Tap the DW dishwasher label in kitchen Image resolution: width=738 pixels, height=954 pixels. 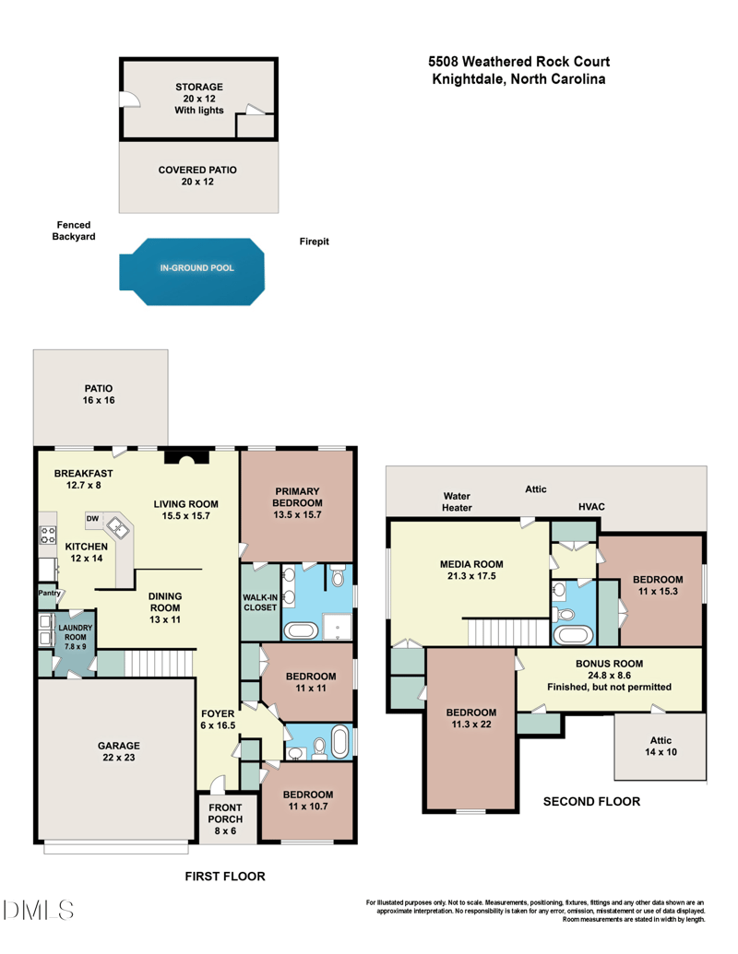pyautogui.click(x=93, y=519)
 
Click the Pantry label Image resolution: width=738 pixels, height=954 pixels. pyautogui.click(x=49, y=593)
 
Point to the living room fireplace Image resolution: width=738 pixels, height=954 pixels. pyautogui.click(x=181, y=459)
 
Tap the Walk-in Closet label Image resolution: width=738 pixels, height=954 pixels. pyautogui.click(x=259, y=602)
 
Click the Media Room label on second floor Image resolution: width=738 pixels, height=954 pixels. pyautogui.click(x=470, y=570)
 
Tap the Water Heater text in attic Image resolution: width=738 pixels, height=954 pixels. pyautogui.click(x=457, y=501)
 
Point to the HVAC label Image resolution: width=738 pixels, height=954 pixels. pyautogui.click(x=591, y=507)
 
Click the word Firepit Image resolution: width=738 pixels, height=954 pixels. pyautogui.click(x=315, y=241)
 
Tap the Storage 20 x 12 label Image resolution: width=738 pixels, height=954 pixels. pyautogui.click(x=199, y=99)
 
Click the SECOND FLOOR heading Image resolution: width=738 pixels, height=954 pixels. pyautogui.click(x=591, y=801)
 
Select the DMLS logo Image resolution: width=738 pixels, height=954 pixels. pyautogui.click(x=40, y=911)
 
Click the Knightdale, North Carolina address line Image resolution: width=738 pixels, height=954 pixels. pyautogui.click(x=518, y=80)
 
